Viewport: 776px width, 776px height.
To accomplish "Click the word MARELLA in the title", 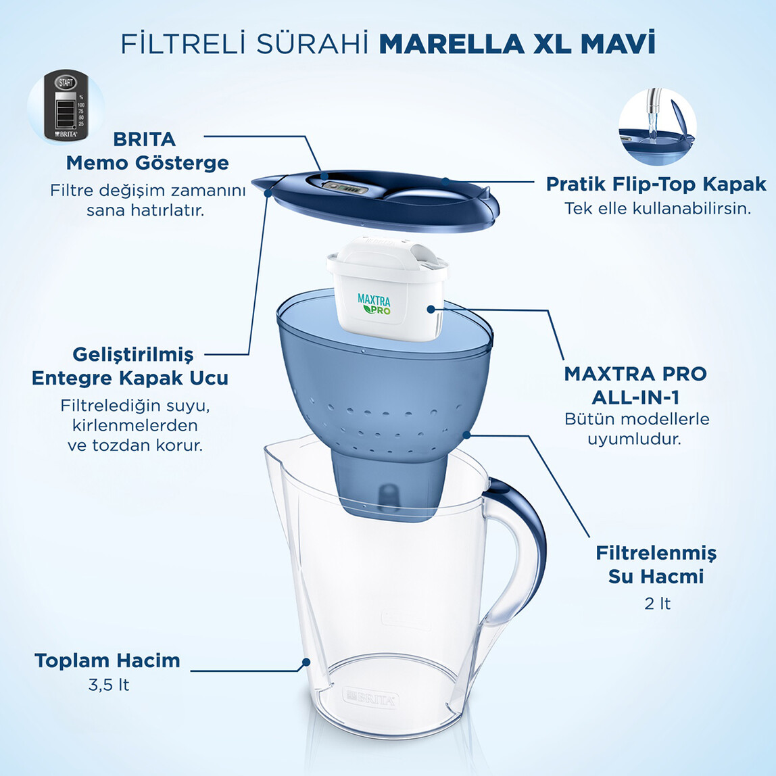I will pos(451,44).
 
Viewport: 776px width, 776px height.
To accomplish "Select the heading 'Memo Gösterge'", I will pos(147,163).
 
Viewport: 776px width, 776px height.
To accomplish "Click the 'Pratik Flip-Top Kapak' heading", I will pos(656,184).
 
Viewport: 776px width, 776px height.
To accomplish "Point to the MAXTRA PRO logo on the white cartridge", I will pos(374,303).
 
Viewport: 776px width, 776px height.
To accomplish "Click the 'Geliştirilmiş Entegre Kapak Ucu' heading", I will pos(130,366).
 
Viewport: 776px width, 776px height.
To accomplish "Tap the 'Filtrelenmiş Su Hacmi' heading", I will pos(656,564).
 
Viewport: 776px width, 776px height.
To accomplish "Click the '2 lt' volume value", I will pos(657,603).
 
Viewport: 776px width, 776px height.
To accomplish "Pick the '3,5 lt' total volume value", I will pos(108,685).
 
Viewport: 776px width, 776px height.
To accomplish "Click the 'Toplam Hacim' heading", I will pos(107,660).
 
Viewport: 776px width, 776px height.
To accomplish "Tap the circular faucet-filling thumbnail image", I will pos(657,127).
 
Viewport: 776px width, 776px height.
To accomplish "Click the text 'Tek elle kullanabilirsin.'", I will pos(658,208).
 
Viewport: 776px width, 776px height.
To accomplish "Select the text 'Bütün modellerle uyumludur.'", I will pos(637,429).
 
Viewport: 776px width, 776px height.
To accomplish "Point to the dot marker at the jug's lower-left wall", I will pos(306,662).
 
